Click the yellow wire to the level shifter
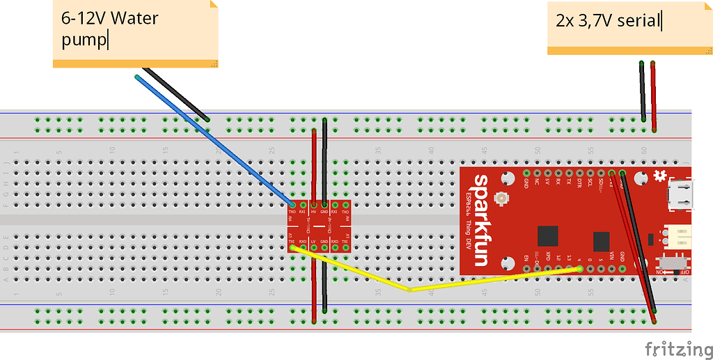[x=411, y=288]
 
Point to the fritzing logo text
[x=675, y=347]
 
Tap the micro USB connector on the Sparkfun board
[x=682, y=195]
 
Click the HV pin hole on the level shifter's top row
[x=313, y=212]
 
